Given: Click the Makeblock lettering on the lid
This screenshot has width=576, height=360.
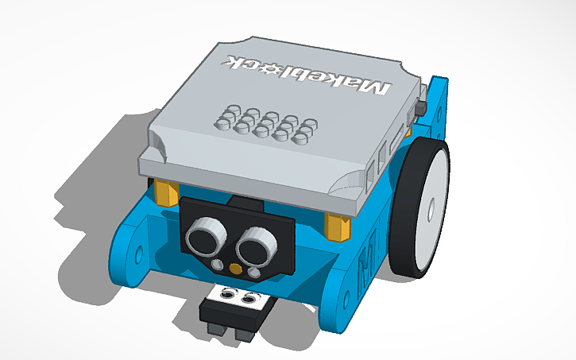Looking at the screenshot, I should click(x=310, y=75).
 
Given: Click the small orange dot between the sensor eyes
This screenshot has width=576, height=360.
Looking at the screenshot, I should click(x=233, y=268).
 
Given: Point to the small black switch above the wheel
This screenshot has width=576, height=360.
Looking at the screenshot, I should click(x=422, y=107).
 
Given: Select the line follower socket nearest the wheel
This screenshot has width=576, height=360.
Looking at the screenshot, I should click(x=252, y=298).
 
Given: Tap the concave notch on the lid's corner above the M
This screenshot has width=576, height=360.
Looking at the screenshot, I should click(x=349, y=188).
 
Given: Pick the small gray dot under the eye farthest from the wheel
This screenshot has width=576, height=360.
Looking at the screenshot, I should click(x=217, y=265).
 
